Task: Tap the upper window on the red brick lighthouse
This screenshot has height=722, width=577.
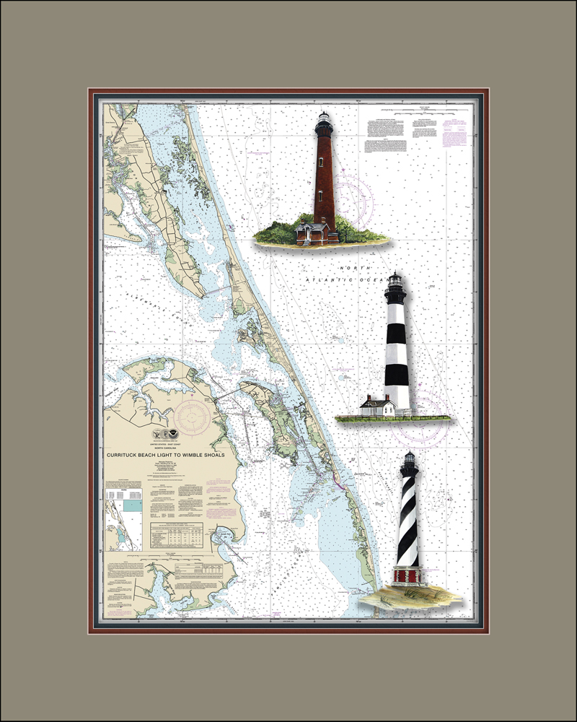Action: pos(320,160)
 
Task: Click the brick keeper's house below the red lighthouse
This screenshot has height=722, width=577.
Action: pos(316,232)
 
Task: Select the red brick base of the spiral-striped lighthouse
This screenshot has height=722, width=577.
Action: pos(409,575)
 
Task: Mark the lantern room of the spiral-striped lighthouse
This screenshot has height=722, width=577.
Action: pos(409,462)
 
